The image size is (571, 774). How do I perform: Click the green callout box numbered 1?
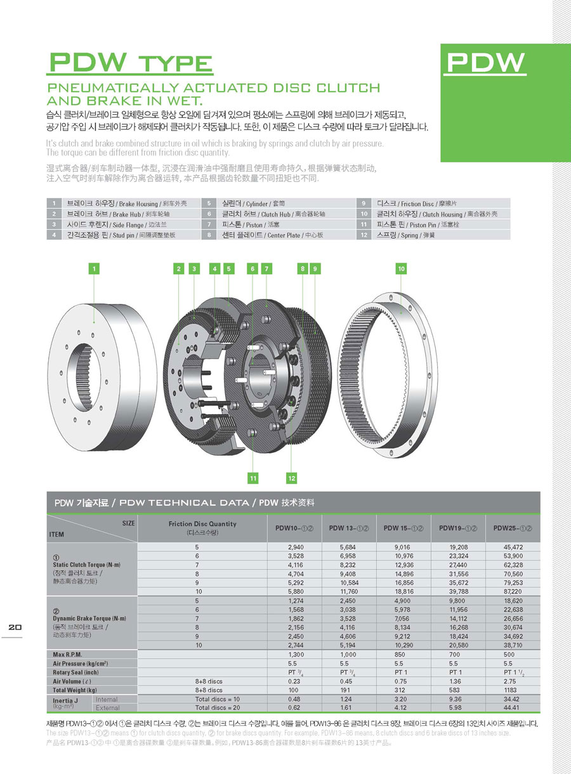click(x=94, y=268)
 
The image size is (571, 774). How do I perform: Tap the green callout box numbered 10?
click(x=401, y=268)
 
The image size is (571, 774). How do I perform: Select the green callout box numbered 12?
click(x=292, y=477)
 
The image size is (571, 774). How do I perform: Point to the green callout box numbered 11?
click(x=253, y=477)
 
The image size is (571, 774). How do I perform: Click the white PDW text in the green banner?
click(x=485, y=62)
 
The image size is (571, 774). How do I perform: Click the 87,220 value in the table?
click(x=513, y=591)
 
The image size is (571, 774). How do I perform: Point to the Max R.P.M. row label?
click(x=69, y=653)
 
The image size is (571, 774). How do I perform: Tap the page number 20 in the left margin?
click(x=15, y=627)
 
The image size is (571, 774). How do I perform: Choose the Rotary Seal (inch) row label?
click(x=77, y=672)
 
